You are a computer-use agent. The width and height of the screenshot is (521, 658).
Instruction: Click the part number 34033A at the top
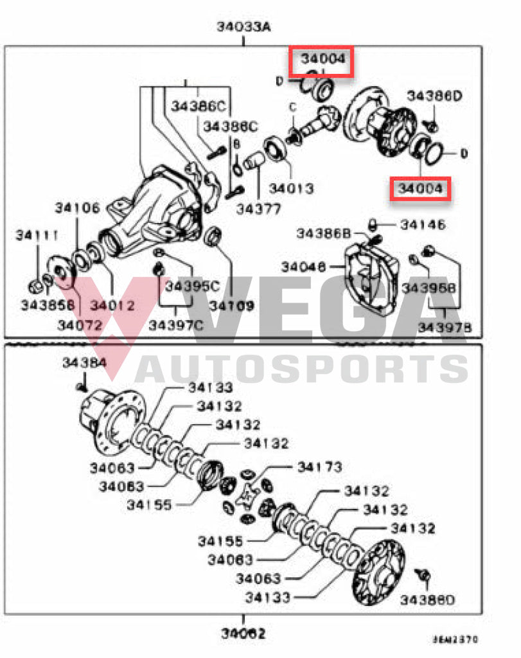click(243, 27)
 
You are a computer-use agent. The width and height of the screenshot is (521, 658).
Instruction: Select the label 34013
click(291, 189)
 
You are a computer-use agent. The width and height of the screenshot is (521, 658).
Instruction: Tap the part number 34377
click(258, 209)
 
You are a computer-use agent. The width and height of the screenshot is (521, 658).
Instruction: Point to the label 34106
click(77, 208)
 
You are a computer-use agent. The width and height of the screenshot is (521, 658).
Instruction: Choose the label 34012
click(112, 305)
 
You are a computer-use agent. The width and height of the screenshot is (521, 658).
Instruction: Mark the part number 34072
click(80, 325)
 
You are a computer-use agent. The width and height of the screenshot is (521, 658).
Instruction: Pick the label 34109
click(232, 306)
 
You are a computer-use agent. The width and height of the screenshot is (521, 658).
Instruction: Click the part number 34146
click(423, 225)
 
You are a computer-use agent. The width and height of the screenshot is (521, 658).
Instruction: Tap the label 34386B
click(324, 233)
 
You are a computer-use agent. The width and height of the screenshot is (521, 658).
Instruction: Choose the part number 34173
click(319, 467)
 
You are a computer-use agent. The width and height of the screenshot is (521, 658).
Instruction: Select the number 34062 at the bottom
click(243, 634)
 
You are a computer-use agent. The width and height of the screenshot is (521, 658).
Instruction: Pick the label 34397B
click(445, 328)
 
